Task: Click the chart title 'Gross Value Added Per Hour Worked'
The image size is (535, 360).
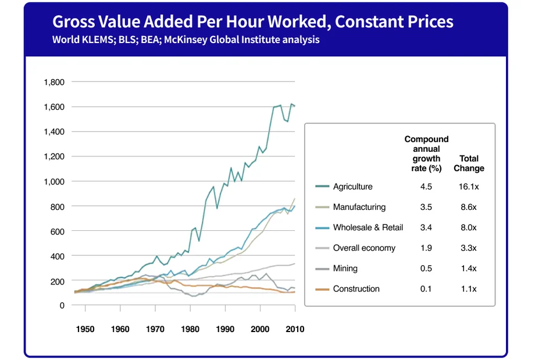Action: click(x=252, y=22)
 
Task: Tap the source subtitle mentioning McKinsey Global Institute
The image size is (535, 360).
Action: click(x=186, y=40)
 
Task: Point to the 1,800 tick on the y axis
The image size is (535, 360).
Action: click(x=53, y=82)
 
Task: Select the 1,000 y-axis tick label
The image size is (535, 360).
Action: click(x=53, y=181)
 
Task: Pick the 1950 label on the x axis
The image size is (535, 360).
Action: click(x=85, y=329)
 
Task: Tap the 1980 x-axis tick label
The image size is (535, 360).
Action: click(x=190, y=329)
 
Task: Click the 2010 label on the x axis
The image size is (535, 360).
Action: click(x=294, y=329)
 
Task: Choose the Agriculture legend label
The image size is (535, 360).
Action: click(x=352, y=187)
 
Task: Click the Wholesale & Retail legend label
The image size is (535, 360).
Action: click(x=368, y=227)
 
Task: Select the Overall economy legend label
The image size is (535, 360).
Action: click(x=364, y=248)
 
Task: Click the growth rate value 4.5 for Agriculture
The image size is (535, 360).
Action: click(x=426, y=187)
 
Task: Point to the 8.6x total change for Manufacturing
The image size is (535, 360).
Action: click(x=468, y=207)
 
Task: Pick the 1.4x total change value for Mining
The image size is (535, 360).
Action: click(x=468, y=269)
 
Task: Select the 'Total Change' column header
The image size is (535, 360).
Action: click(x=469, y=163)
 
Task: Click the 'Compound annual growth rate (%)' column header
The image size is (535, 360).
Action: click(x=426, y=154)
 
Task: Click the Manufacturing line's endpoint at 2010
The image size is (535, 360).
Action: click(x=295, y=199)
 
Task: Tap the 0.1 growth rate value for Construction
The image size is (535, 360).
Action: click(x=426, y=289)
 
